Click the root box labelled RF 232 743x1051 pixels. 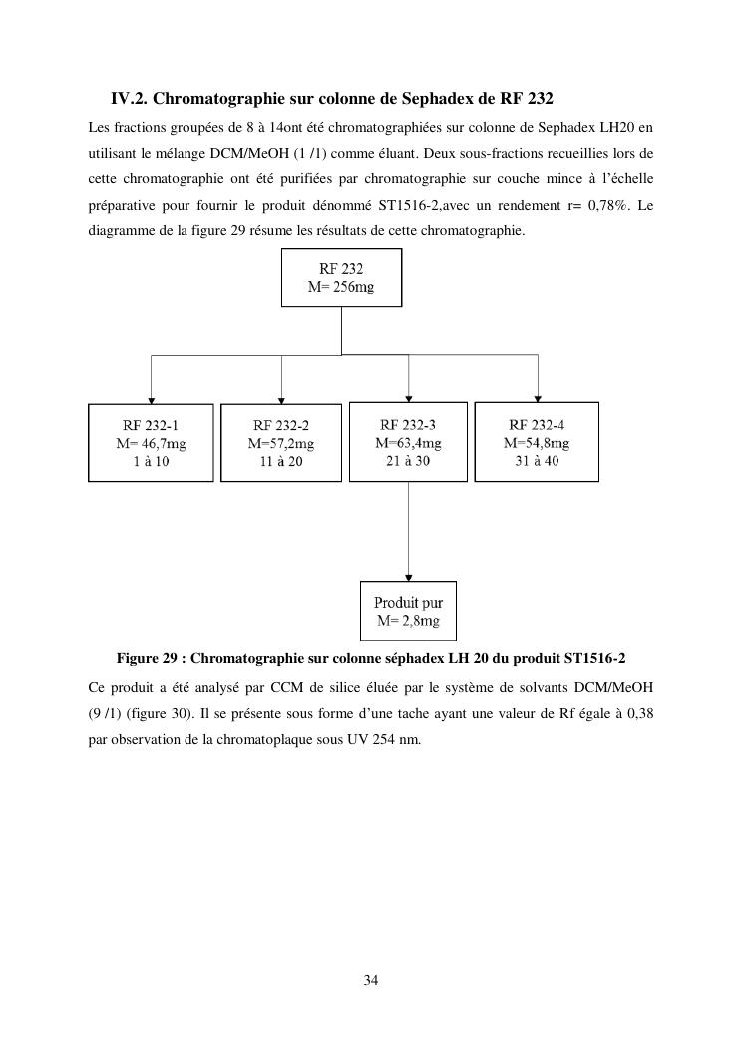pyautogui.click(x=342, y=277)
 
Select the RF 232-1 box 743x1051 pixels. pyautogui.click(x=151, y=442)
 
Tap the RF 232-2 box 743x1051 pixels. pyautogui.click(x=281, y=442)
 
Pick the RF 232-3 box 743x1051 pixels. pyautogui.click(x=408, y=441)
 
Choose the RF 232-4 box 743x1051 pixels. pyautogui.click(x=537, y=441)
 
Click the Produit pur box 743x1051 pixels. pyautogui.click(x=408, y=611)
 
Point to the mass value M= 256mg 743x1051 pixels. pyautogui.click(x=342, y=287)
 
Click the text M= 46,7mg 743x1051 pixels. pyautogui.click(x=151, y=444)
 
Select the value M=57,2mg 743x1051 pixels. pyautogui.click(x=281, y=444)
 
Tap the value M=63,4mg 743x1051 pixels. pyautogui.click(x=408, y=442)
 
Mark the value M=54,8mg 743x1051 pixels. pyautogui.click(x=537, y=443)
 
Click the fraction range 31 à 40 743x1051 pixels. pyautogui.click(x=537, y=461)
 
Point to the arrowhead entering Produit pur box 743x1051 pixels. pyautogui.click(x=408, y=577)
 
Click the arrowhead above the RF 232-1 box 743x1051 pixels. pyautogui.click(x=151, y=399)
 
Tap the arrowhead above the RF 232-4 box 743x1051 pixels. pyautogui.click(x=538, y=397)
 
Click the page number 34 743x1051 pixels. pyautogui.click(x=371, y=980)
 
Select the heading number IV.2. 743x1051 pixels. pyautogui.click(x=130, y=99)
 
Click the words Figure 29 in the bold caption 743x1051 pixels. pyautogui.click(x=148, y=658)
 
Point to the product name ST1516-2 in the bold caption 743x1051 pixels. pyautogui.click(x=595, y=658)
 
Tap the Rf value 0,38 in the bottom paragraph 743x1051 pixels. pyautogui.click(x=640, y=714)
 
